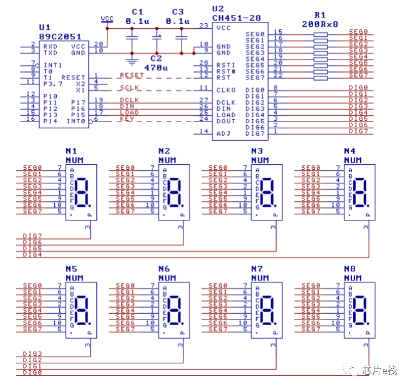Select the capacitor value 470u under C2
click(156, 67)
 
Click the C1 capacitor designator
click(137, 11)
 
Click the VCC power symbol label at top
click(107, 19)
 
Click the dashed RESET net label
click(132, 76)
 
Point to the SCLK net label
click(130, 88)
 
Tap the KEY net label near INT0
click(127, 119)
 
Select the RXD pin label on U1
click(51, 46)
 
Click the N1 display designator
click(72, 151)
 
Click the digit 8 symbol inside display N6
click(175, 310)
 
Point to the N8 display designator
click(350, 269)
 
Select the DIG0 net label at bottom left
click(32, 372)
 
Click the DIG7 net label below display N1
click(32, 236)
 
